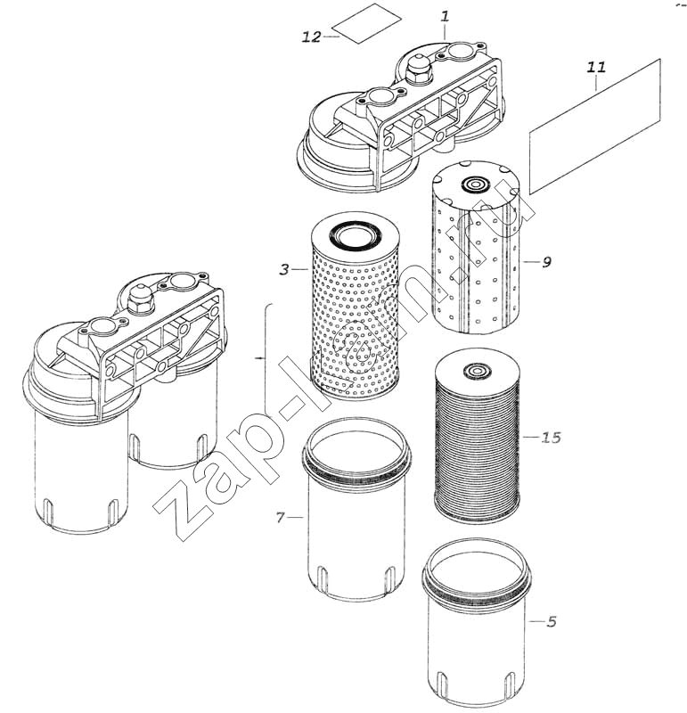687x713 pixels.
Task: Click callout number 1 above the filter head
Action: click(x=445, y=17)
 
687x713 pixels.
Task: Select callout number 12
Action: click(x=312, y=37)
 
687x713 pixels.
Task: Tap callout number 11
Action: click(x=596, y=68)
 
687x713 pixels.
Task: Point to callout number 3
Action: click(x=284, y=269)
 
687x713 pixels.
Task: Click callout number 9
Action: click(x=546, y=262)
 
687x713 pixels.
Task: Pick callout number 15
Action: click(x=551, y=438)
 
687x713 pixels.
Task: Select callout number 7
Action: click(x=281, y=518)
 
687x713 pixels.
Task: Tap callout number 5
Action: click(x=552, y=621)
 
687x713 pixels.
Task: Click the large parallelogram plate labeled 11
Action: click(x=594, y=127)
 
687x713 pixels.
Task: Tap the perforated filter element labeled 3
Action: click(x=356, y=307)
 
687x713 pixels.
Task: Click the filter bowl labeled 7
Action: click(x=356, y=509)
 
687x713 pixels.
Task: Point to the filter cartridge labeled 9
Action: click(x=476, y=247)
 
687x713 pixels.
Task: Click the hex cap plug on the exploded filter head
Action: click(x=418, y=70)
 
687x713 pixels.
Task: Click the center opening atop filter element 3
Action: click(x=356, y=234)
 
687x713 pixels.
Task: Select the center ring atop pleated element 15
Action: click(x=477, y=371)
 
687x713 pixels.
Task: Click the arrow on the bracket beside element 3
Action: click(x=260, y=359)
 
